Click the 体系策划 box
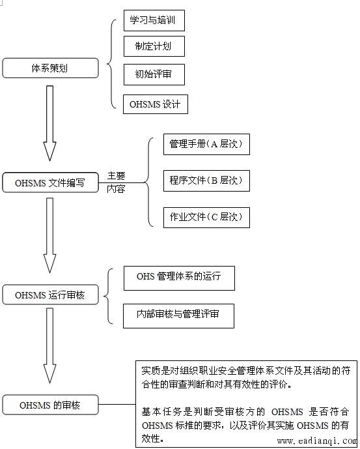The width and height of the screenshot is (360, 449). (x=50, y=68)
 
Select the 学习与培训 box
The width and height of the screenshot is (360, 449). (x=154, y=21)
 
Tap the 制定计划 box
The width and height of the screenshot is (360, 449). (x=154, y=46)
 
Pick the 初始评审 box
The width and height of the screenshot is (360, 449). (x=154, y=74)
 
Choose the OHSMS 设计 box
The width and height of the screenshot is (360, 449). (x=156, y=104)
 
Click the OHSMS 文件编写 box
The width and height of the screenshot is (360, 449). (x=50, y=182)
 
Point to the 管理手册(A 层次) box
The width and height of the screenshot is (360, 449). (x=206, y=144)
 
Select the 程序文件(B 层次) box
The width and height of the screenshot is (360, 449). (x=206, y=181)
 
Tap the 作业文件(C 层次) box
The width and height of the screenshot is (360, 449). (x=206, y=218)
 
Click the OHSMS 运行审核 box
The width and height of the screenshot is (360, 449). (x=50, y=295)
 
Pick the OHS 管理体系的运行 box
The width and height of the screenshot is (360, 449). (x=179, y=278)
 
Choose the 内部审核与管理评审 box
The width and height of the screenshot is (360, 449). (x=178, y=316)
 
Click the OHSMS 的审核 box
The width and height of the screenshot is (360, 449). (x=50, y=405)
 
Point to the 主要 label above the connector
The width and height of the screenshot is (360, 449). (x=116, y=175)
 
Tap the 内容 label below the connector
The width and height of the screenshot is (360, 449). (x=116, y=189)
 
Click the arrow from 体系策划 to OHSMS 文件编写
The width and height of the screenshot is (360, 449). (x=49, y=123)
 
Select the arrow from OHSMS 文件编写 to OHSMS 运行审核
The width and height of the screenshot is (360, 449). (x=49, y=235)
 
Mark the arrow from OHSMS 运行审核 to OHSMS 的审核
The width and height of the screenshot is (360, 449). (x=49, y=345)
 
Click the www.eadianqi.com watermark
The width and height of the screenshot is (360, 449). (x=317, y=441)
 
